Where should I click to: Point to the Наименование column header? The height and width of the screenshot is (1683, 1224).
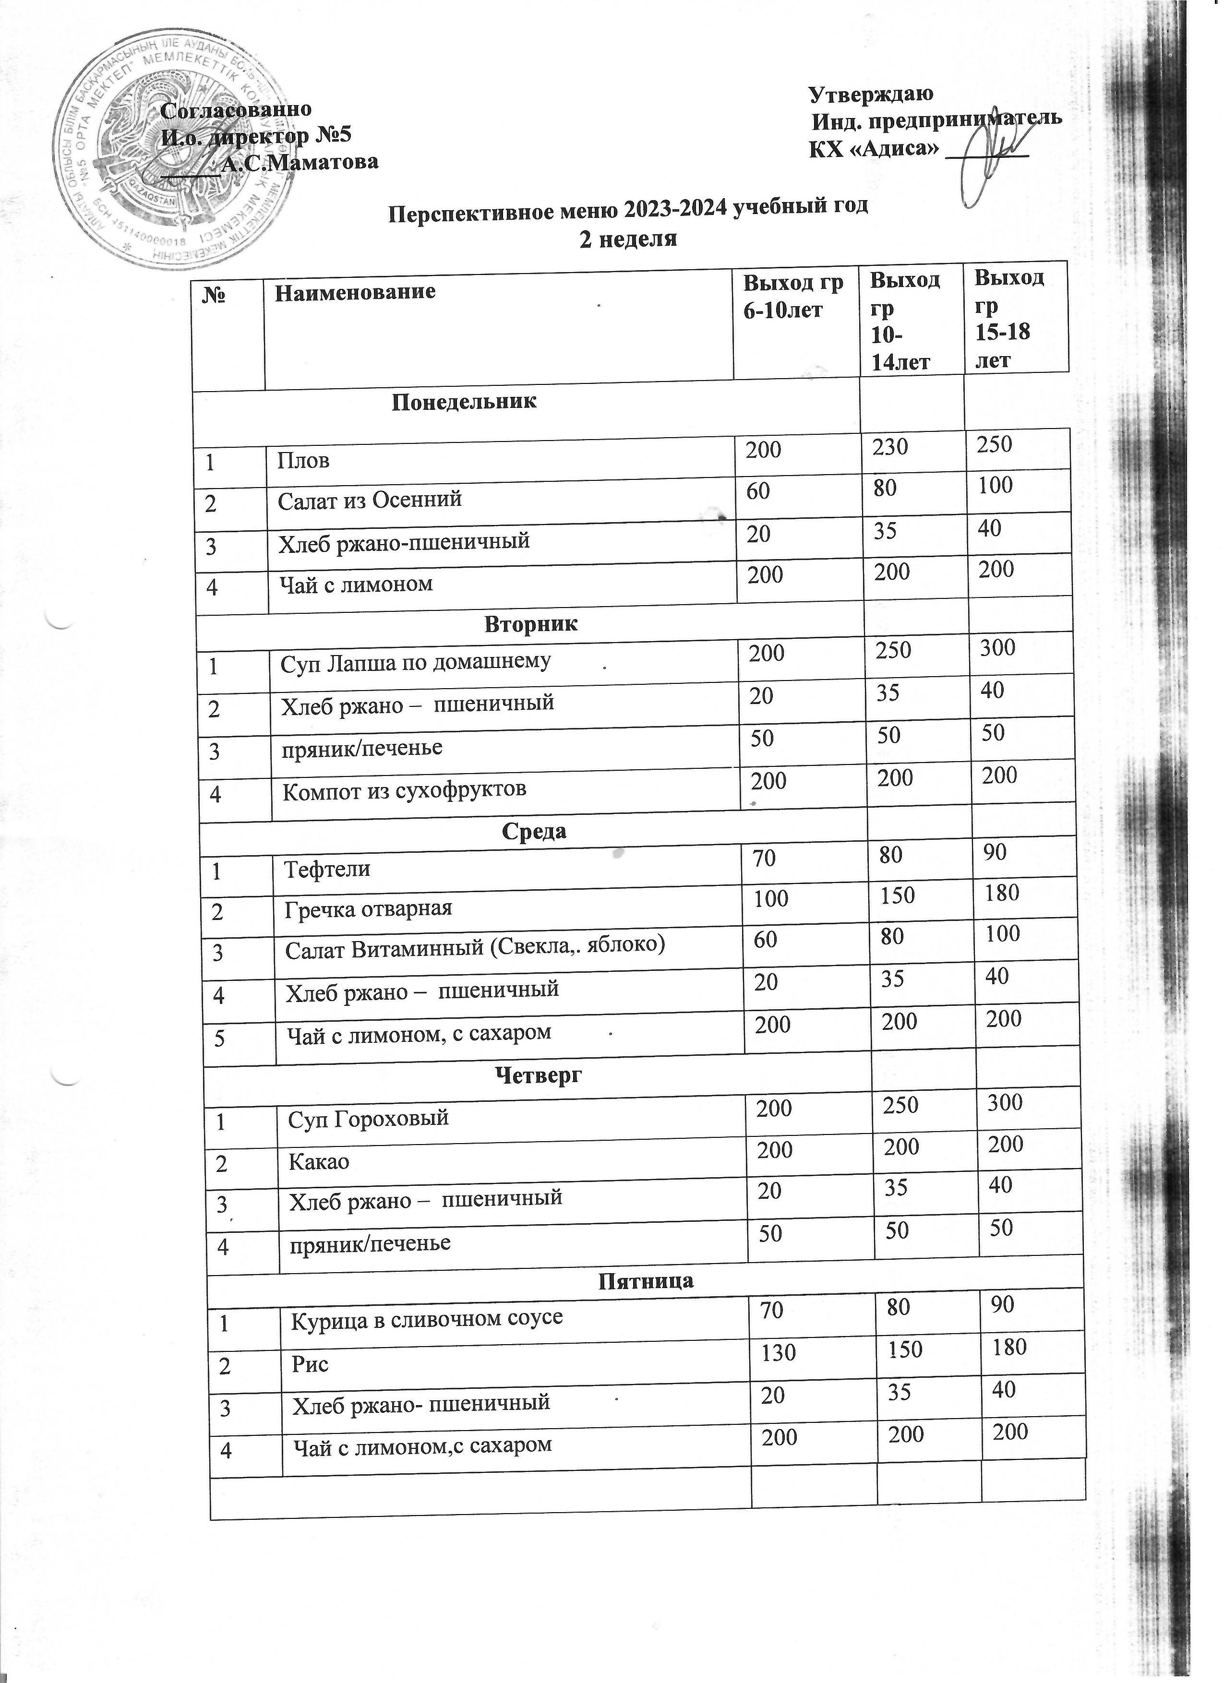tap(355, 291)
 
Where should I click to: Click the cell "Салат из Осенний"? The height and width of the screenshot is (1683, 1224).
tap(370, 500)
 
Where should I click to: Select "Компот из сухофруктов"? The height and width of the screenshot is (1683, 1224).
tap(405, 789)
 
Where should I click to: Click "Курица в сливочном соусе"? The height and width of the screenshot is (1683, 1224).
tap(426, 1318)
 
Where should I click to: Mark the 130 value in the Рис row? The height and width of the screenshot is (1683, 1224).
tap(777, 1352)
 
